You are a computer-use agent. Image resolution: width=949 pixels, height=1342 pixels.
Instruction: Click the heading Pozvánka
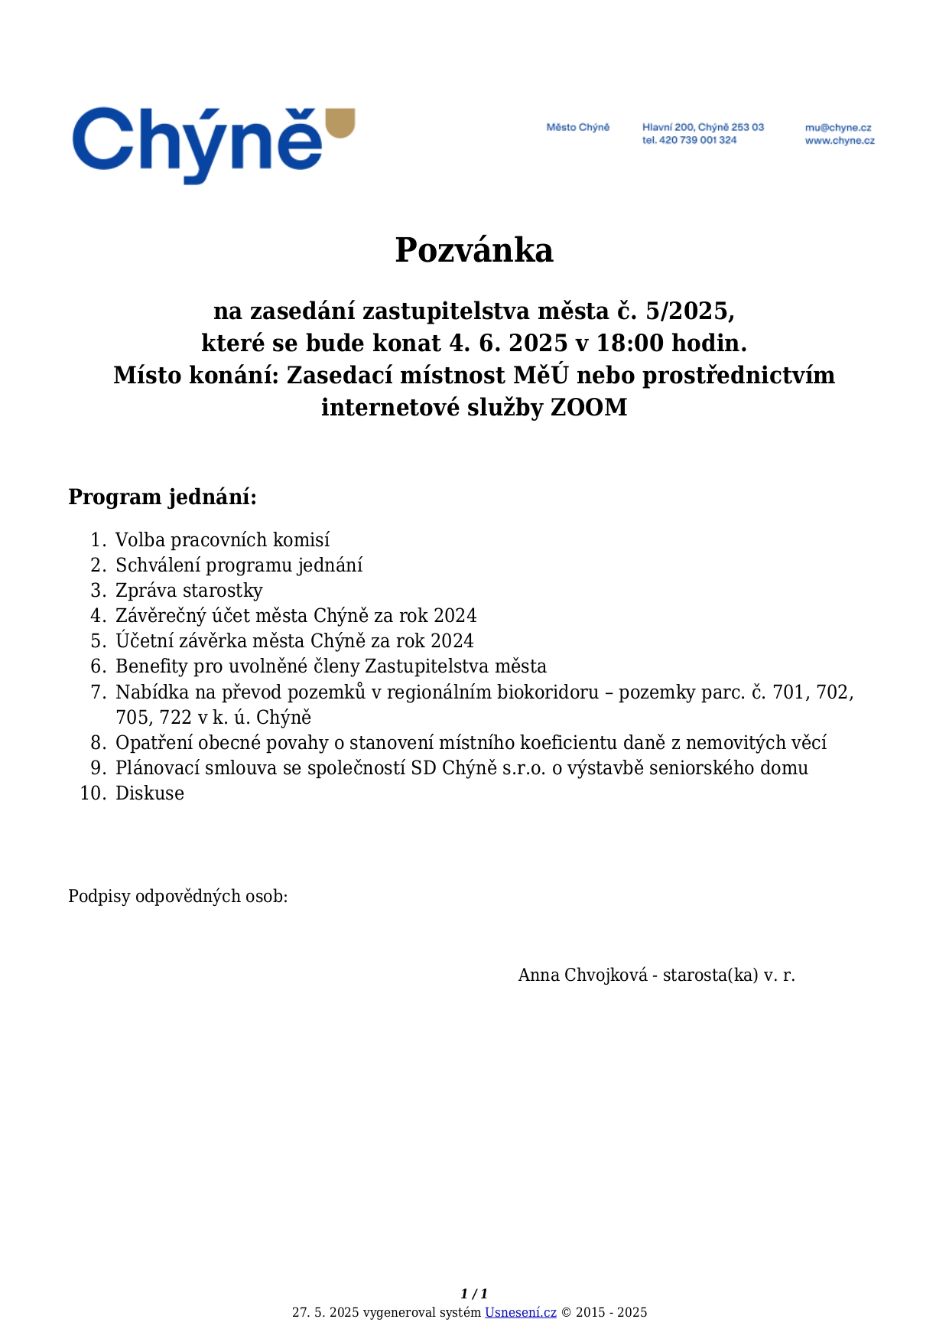click(474, 250)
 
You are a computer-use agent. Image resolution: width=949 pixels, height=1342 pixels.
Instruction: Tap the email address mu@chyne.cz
click(837, 128)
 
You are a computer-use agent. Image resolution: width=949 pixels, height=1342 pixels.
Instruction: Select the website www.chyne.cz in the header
click(839, 141)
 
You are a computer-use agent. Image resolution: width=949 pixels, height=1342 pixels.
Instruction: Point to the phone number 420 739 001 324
click(697, 140)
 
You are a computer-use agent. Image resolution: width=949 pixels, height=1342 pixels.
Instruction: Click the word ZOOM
click(589, 407)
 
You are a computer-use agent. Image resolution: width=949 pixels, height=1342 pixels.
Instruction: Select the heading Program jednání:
click(162, 497)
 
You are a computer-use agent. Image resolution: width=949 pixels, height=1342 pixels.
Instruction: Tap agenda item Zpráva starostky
click(189, 591)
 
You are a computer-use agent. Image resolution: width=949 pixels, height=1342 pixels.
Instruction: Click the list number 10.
click(92, 793)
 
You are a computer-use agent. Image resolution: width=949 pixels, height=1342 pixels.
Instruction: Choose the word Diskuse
click(150, 793)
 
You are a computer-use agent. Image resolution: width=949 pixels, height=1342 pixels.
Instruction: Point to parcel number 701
click(789, 692)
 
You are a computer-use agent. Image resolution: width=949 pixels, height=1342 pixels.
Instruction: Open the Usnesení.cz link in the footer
click(520, 1312)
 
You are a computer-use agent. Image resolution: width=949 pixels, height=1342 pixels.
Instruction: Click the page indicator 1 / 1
click(474, 1295)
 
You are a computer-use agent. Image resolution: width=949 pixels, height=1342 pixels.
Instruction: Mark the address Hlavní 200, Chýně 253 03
click(703, 127)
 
